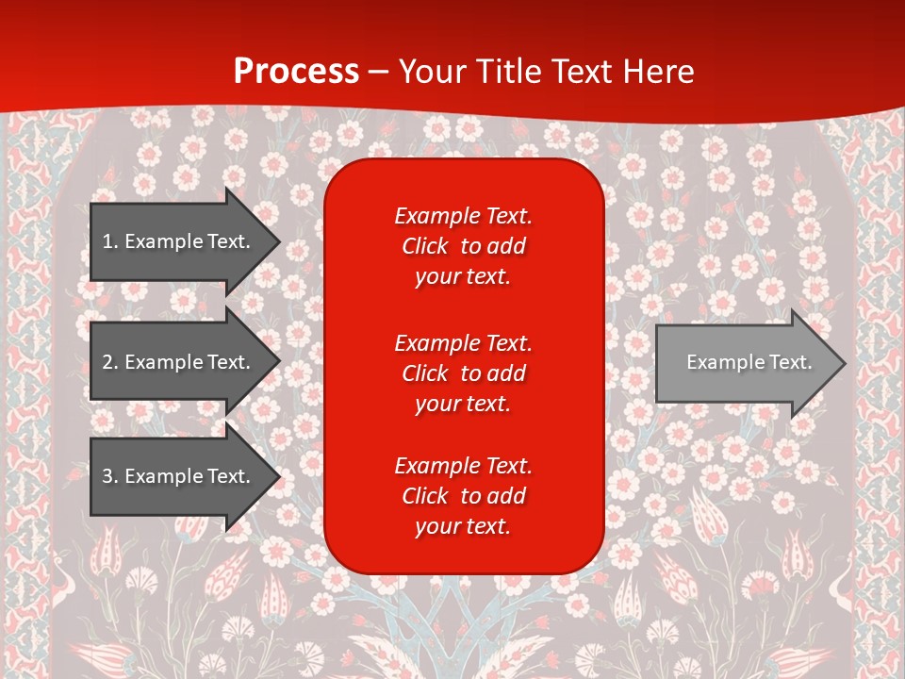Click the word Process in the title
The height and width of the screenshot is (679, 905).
(x=296, y=72)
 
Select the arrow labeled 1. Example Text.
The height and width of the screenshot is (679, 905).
(x=176, y=241)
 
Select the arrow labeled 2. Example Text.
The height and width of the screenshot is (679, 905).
(x=176, y=362)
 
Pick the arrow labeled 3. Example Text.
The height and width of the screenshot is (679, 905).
(x=176, y=476)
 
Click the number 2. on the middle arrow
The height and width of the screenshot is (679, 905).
(x=110, y=362)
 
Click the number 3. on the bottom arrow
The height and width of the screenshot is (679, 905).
(x=110, y=476)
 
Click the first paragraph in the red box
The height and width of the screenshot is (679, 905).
(x=463, y=246)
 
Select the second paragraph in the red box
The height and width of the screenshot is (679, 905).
(x=463, y=373)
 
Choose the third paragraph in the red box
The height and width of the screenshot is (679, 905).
(x=463, y=496)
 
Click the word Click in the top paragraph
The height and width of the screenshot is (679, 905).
(x=425, y=247)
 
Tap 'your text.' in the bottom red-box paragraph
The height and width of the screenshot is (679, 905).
(x=463, y=527)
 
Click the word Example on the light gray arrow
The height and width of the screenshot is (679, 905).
(x=722, y=362)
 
